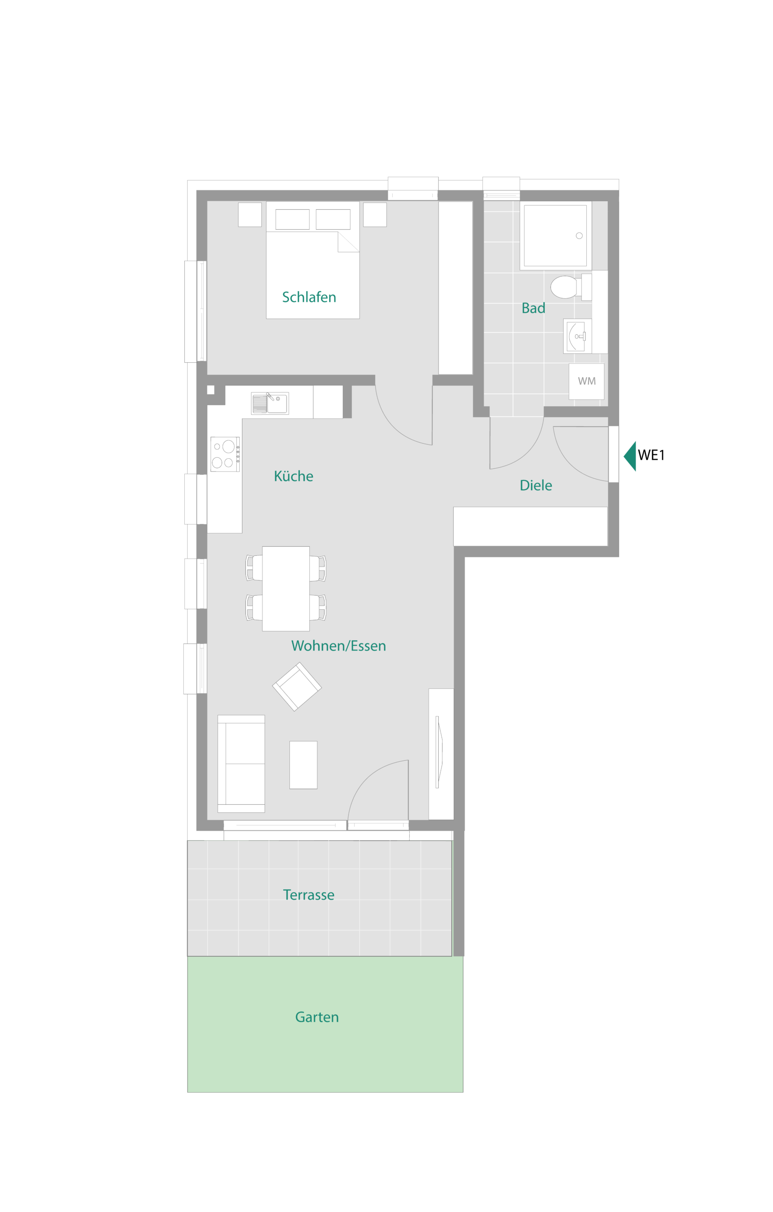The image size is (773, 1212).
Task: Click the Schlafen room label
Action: click(309, 297)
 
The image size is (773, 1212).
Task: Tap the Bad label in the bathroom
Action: click(533, 308)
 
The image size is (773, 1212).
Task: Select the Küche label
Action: click(294, 476)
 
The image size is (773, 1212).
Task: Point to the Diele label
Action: click(536, 485)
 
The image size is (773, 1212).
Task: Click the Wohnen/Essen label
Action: click(338, 646)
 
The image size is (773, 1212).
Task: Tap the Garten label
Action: click(317, 1017)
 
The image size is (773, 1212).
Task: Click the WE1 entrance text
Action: click(651, 455)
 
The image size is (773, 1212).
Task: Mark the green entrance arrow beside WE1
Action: click(630, 456)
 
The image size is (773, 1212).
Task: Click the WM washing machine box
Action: click(587, 382)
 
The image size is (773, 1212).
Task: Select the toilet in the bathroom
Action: click(571, 287)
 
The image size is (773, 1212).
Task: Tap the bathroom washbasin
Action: click(577, 336)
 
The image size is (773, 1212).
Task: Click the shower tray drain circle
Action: click(579, 236)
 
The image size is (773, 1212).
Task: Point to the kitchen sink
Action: click(270, 403)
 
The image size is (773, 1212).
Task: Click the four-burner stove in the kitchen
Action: click(225, 454)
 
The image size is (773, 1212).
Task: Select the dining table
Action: click(286, 588)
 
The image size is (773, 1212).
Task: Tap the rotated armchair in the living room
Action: click(297, 686)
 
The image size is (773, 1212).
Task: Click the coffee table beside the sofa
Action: click(303, 765)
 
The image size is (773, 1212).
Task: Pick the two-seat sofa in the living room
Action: click(241, 764)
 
